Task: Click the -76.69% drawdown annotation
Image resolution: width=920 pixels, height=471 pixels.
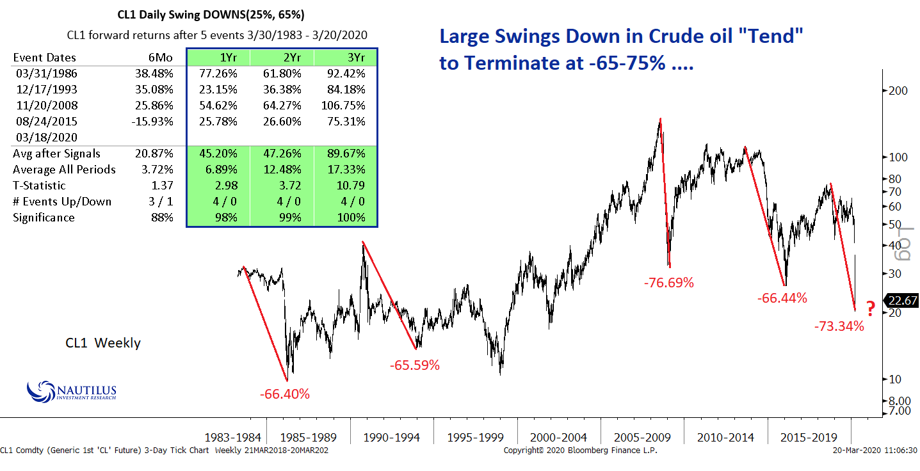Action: [669, 282]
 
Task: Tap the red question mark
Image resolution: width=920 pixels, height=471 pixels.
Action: [871, 309]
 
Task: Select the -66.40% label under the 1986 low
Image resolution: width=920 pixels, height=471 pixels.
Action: [285, 394]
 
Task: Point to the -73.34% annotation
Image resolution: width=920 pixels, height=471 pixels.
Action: [839, 326]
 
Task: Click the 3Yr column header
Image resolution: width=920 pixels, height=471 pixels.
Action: [345, 58]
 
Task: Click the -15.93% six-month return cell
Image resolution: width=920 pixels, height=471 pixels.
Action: [153, 121]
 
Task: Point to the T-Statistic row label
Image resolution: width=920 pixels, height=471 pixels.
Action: [39, 186]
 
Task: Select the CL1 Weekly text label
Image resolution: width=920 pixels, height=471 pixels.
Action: [103, 344]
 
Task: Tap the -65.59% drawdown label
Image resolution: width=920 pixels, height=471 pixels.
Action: [415, 365]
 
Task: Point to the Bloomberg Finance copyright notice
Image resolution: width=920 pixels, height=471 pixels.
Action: [580, 451]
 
